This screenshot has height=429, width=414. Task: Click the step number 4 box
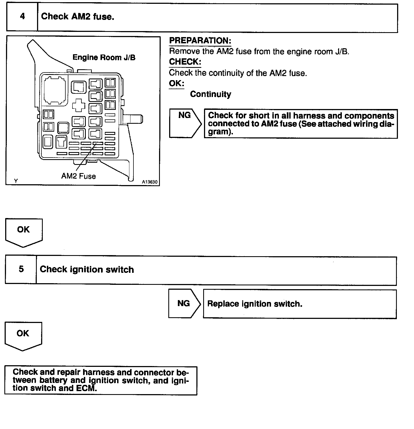tap(22, 17)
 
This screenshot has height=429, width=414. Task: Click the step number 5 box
tap(21, 269)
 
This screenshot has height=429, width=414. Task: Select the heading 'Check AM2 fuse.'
tap(78, 17)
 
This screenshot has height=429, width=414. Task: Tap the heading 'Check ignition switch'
tap(87, 270)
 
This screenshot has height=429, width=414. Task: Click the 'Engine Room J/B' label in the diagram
tap(104, 58)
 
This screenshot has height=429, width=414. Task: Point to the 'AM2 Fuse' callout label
tap(78, 176)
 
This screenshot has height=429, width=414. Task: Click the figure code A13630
tap(150, 182)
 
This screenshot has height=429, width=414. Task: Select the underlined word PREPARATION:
tap(200, 41)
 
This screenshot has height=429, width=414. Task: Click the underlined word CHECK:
tap(185, 62)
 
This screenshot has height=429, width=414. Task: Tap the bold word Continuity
tap(211, 94)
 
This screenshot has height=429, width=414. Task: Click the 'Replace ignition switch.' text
tap(255, 304)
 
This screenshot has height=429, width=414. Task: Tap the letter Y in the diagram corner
tap(16, 181)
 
